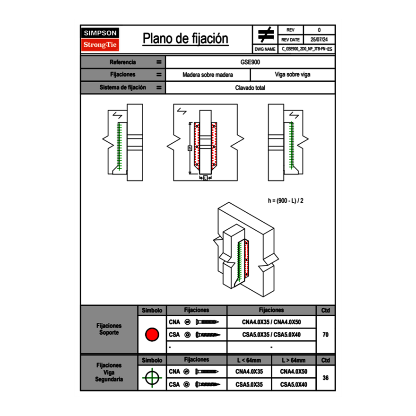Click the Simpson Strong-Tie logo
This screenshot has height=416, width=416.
[x=100, y=39]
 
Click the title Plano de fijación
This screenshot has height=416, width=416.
[x=185, y=39]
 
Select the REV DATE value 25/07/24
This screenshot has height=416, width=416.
[x=319, y=39]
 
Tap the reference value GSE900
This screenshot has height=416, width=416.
[x=251, y=62]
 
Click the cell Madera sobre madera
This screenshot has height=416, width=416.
[x=208, y=75]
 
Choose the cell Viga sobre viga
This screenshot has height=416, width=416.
[x=293, y=75]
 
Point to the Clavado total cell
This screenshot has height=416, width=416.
[x=251, y=88]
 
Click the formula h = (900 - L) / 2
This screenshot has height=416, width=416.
[x=285, y=200]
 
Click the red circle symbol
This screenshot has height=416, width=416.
[x=152, y=335]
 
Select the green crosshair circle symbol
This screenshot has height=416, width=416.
[x=152, y=378]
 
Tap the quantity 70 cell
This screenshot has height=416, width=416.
[x=325, y=335]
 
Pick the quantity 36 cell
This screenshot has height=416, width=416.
[x=325, y=378]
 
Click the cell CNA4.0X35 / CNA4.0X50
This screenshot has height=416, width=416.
[x=271, y=322]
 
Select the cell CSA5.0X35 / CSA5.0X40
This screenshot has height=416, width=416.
[x=271, y=335]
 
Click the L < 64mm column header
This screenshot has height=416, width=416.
[x=249, y=360]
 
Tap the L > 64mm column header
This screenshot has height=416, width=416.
[x=294, y=360]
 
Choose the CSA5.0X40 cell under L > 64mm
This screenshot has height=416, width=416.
[x=294, y=385]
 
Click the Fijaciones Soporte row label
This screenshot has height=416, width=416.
[x=109, y=329]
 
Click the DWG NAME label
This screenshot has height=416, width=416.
[x=265, y=49]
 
